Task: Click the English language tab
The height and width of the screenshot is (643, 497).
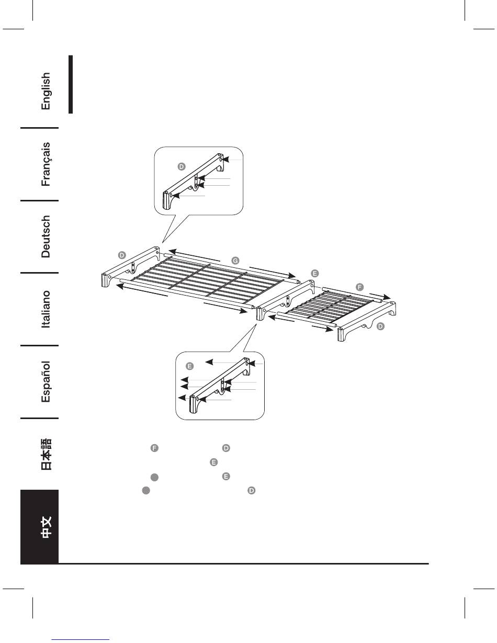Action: click(46, 91)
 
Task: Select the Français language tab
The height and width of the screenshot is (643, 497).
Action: click(46, 163)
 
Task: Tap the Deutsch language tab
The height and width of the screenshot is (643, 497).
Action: click(46, 236)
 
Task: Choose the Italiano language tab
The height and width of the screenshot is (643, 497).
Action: click(46, 309)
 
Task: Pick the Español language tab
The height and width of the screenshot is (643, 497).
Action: click(46, 381)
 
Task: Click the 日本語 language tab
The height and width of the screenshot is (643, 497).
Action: click(46, 454)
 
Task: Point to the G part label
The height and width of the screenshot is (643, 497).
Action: click(235, 260)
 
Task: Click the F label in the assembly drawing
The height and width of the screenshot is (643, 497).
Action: click(359, 287)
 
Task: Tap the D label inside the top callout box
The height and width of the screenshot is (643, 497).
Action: click(181, 166)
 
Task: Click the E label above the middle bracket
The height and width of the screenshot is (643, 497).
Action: click(314, 273)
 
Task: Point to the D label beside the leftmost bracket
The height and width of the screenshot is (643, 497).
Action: click(121, 255)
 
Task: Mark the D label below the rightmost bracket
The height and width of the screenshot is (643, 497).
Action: click(381, 326)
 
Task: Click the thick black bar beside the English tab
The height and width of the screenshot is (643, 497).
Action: click(70, 84)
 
